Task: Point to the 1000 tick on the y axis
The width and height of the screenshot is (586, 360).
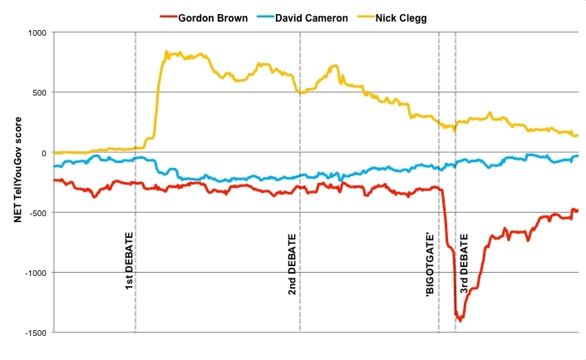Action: [x=37, y=33]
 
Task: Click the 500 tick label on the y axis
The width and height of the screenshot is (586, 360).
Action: [x=39, y=93]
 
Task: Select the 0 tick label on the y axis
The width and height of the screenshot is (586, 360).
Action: [x=44, y=153]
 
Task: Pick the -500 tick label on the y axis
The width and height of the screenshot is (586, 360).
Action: [x=37, y=213]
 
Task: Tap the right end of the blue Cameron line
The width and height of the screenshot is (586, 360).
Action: [x=577, y=156]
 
